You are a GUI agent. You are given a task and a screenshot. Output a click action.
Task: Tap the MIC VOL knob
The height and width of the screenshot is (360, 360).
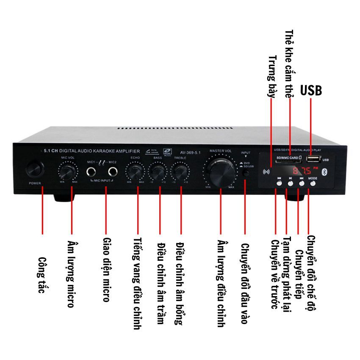click(x=68, y=172)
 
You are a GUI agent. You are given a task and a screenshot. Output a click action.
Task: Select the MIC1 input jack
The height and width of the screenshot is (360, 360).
click(x=92, y=172)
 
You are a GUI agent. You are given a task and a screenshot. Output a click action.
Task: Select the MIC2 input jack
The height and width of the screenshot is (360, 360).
click(x=113, y=172)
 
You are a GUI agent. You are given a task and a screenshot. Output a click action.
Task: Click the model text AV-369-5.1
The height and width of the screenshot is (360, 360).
click(x=190, y=153)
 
